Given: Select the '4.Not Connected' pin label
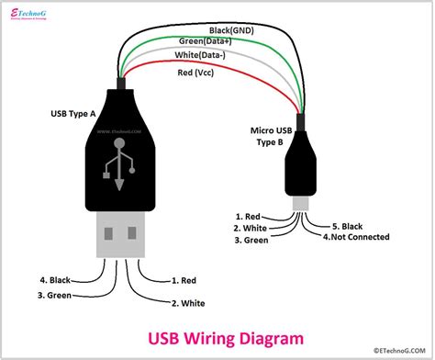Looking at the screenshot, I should [x=356, y=236].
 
